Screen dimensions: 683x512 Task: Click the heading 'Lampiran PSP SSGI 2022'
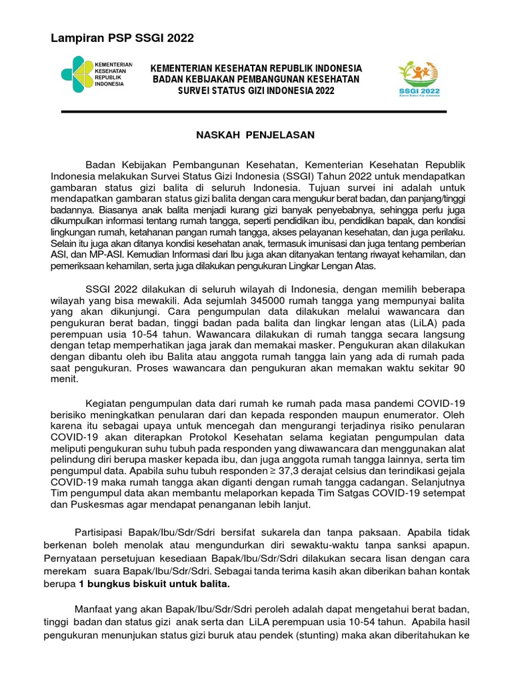(122, 38)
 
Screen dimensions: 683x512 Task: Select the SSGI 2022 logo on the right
(419, 79)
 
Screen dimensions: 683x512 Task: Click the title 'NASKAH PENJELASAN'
(254, 135)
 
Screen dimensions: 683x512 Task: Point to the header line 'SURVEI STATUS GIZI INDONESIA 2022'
(256, 91)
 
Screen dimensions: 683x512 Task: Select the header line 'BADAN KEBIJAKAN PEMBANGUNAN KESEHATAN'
(256, 79)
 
